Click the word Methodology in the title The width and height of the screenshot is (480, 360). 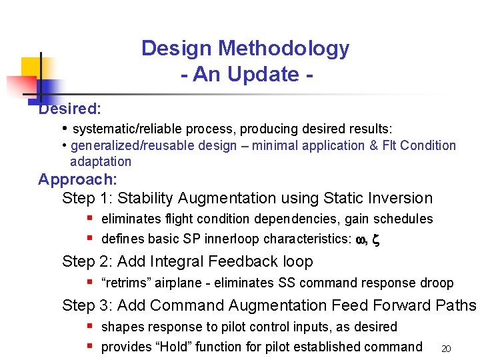coord(283,49)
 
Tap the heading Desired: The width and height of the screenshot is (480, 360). coord(69,109)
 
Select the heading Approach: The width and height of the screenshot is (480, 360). coord(77,179)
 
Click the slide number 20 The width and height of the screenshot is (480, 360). coord(447,349)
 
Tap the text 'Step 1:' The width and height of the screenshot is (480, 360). coord(87,199)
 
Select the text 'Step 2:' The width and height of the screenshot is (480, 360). coord(87,262)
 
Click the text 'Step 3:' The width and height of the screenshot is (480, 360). coord(87,306)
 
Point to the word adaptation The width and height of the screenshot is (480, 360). coord(101,161)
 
